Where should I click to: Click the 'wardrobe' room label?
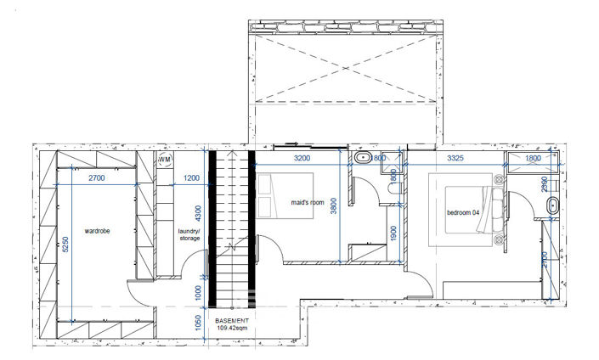tap(99, 230)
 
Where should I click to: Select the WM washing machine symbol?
tap(164, 160)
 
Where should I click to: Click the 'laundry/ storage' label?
tap(189, 234)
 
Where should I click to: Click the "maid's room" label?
tap(308, 203)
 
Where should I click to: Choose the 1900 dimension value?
tap(393, 233)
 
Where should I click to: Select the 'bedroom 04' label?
tap(464, 212)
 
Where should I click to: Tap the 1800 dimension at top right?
tap(532, 158)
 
